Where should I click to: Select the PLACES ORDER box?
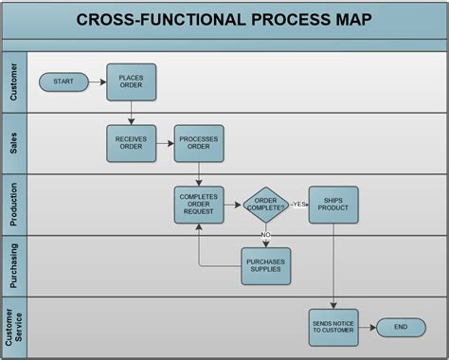pyautogui.click(x=131, y=81)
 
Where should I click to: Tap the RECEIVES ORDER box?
pyautogui.click(x=131, y=143)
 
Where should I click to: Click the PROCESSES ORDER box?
pyautogui.click(x=199, y=143)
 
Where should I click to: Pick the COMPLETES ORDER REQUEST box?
pyautogui.click(x=199, y=205)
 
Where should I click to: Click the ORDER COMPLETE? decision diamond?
pyautogui.click(x=266, y=205)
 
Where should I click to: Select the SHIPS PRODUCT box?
pyautogui.click(x=333, y=205)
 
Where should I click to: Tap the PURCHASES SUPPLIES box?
pyautogui.click(x=266, y=265)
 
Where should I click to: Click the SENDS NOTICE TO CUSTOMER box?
pyautogui.click(x=333, y=327)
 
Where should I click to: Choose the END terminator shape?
pyautogui.click(x=401, y=327)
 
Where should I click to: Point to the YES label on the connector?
pyautogui.click(x=299, y=205)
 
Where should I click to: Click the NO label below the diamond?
pyautogui.click(x=266, y=233)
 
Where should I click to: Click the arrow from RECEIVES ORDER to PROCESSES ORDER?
pyautogui.click(x=165, y=143)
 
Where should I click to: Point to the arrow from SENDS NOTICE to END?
pyautogui.click(x=367, y=327)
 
